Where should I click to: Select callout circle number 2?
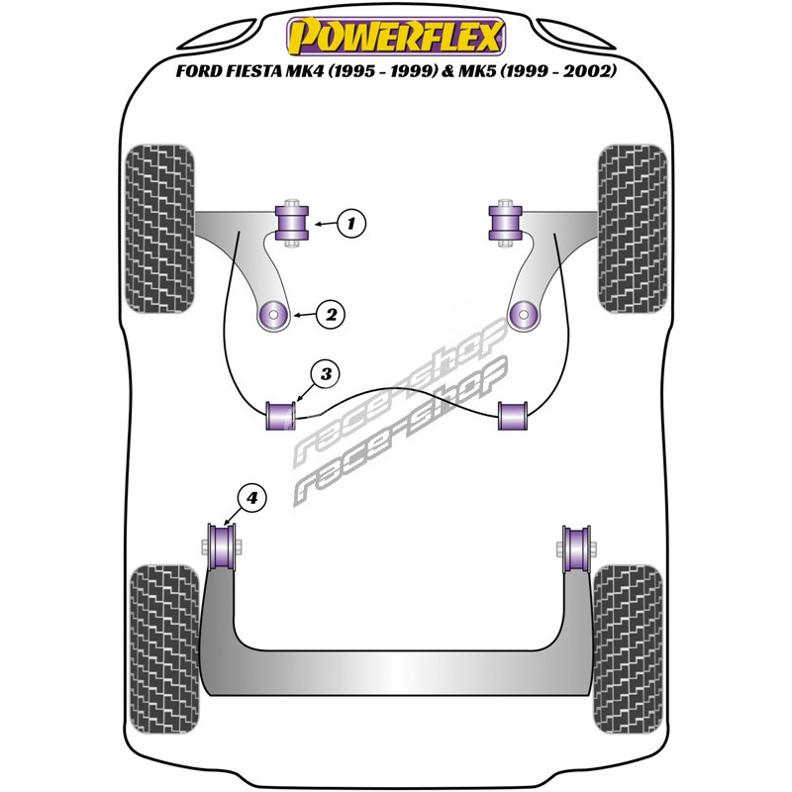(x=330, y=315)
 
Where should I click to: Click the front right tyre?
(x=630, y=228)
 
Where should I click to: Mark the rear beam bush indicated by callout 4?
(x=224, y=544)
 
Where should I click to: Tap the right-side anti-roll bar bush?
(x=512, y=417)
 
